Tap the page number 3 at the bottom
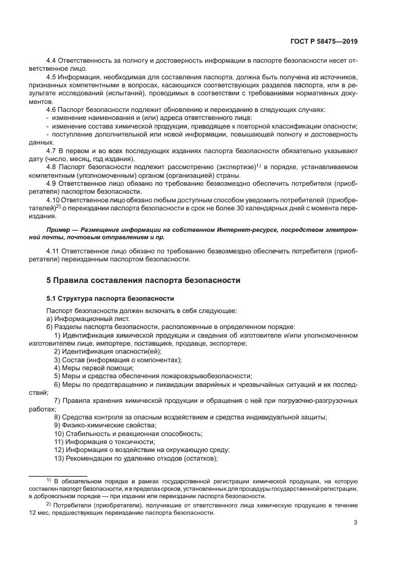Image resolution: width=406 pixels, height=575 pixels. click(356, 523)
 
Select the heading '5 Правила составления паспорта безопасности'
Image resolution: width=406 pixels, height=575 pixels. click(144, 280)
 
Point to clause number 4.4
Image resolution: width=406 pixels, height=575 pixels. click(52, 61)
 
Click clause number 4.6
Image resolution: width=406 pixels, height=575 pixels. click(52, 109)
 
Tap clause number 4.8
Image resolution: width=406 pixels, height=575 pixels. click(52, 165)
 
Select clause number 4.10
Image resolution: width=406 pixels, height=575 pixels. click(53, 199)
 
